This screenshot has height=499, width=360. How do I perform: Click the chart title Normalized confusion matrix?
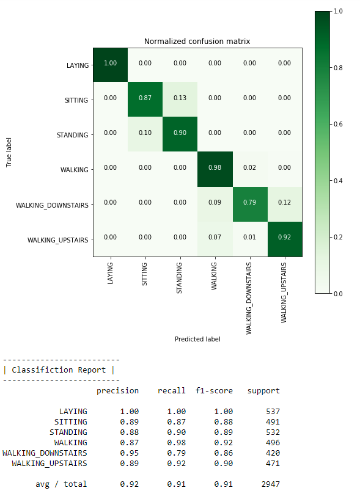click(x=197, y=42)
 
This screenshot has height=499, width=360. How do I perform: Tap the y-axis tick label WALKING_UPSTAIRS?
click(x=58, y=240)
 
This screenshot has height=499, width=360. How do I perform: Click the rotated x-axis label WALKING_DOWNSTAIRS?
click(x=249, y=297)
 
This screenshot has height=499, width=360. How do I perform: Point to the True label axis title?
click(x=10, y=152)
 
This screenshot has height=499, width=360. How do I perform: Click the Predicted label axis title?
click(x=197, y=339)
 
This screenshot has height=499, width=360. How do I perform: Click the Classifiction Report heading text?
click(x=59, y=370)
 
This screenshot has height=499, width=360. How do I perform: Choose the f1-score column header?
click(x=214, y=391)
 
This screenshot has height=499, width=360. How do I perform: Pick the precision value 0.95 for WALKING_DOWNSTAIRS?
click(x=129, y=453)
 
